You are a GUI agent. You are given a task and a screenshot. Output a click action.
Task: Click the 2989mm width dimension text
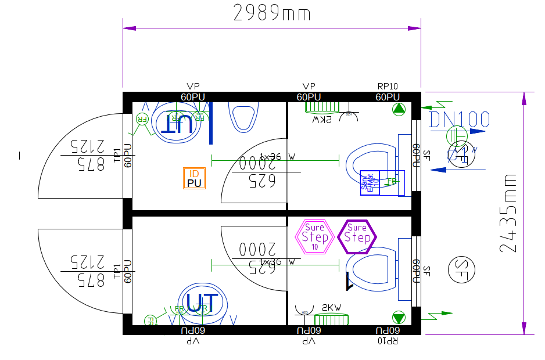tap(272, 13)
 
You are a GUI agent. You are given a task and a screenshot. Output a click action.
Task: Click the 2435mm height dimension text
tap(508, 213)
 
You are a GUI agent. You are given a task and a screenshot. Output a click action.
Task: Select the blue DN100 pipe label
tap(459, 120)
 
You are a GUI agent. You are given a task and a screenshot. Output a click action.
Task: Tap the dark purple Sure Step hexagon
tap(357, 236)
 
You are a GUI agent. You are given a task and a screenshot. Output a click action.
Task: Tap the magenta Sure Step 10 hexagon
tap(315, 236)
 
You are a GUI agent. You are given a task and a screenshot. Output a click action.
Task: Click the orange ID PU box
tap(194, 178)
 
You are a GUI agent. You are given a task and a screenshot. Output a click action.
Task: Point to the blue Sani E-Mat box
tap(370, 183)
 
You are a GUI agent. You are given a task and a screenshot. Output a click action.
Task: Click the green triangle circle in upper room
tap(399, 109)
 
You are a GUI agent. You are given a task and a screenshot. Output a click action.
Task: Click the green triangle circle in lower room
tap(399, 317)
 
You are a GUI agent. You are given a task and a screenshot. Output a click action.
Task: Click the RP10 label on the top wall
tap(388, 87)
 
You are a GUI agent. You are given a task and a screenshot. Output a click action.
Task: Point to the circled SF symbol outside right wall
tap(461, 268)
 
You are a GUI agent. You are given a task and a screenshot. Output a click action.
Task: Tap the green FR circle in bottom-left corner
tap(150, 320)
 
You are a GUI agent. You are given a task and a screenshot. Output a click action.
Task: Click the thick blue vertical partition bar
tap(211, 122)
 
